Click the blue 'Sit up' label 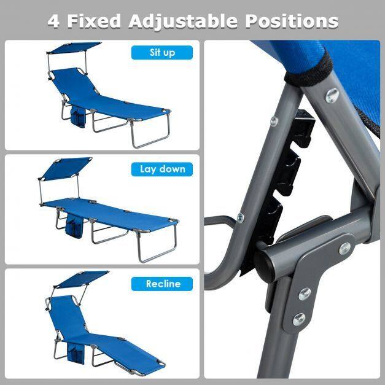click(x=162, y=53)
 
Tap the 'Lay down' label click(x=162, y=169)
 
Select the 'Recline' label click(x=162, y=284)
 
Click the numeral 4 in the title click(x=53, y=21)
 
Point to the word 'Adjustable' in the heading click(x=183, y=21)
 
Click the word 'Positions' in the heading click(x=292, y=21)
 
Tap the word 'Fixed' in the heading click(x=94, y=21)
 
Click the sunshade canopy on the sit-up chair click(x=74, y=47)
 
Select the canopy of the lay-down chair click(x=65, y=168)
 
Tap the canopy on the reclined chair click(x=82, y=279)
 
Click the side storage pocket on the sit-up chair click(x=78, y=115)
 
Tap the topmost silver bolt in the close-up click(x=332, y=95)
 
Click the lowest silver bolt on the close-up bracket click(x=299, y=319)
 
